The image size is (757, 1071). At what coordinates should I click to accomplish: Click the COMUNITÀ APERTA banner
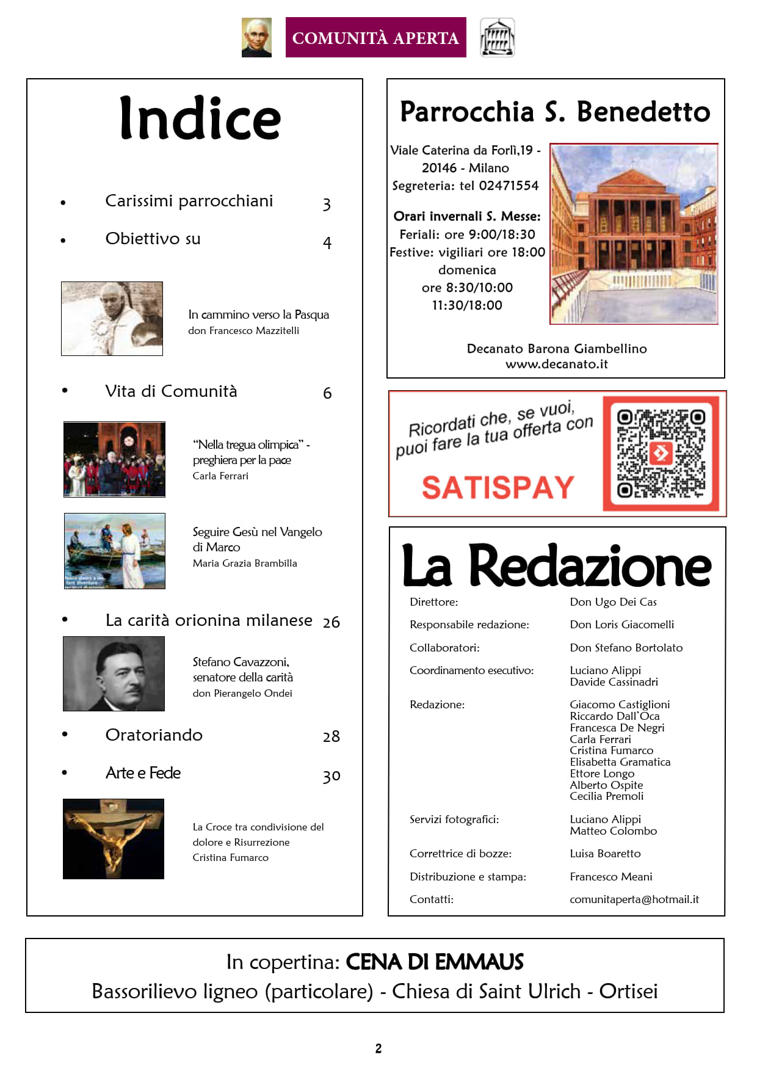pos(375,38)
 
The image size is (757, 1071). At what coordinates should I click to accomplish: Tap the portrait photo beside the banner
pos(256,38)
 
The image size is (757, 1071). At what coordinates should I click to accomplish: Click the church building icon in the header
pos(497,38)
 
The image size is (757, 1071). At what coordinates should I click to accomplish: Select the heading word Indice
pos(200,118)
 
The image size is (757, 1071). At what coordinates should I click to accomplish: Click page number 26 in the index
pos(331,622)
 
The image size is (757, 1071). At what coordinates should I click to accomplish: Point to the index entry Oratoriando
pos(154,735)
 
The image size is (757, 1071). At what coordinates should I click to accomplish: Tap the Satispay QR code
pos(661,454)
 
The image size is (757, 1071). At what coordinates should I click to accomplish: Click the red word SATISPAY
pos(498,488)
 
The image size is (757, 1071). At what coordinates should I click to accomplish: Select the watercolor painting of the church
pos(634,234)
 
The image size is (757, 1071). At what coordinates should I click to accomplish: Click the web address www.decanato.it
pos(556,364)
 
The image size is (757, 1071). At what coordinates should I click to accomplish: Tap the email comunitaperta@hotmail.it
pos(634,899)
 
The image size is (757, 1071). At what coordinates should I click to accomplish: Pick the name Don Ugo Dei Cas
pos(613,602)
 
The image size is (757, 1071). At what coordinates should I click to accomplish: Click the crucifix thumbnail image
pos(114,839)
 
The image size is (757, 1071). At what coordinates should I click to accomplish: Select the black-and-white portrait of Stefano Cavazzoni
pos(114,673)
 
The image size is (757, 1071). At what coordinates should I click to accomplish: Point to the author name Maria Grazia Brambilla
pos(245,563)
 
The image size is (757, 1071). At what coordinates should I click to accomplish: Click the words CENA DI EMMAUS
pos(435,962)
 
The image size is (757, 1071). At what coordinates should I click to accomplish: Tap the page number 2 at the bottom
pos(378,1048)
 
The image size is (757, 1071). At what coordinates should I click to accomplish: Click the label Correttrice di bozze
pos(460,854)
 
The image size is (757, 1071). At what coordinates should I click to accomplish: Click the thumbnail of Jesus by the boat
pos(115,551)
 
